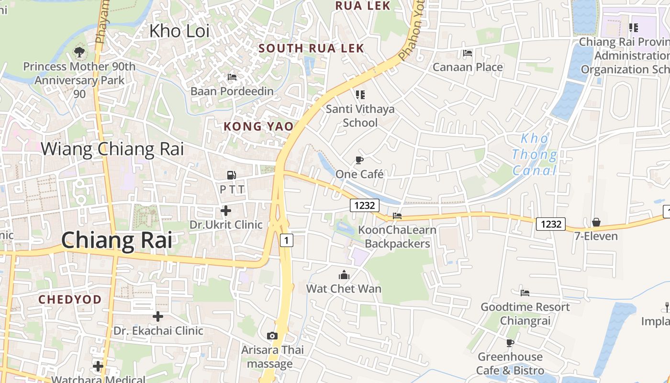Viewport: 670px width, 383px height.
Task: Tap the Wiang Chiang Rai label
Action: (x=112, y=149)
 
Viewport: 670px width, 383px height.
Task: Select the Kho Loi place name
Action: (x=179, y=31)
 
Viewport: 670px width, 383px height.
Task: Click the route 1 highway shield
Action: (x=286, y=240)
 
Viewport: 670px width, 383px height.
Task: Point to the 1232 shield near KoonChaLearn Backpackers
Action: (x=365, y=206)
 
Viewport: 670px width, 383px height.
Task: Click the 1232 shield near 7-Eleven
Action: (x=550, y=224)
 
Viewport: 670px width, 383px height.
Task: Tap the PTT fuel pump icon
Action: (x=232, y=175)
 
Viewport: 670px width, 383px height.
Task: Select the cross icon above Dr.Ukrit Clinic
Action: (x=226, y=210)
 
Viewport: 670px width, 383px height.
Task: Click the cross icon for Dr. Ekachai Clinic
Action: (x=158, y=316)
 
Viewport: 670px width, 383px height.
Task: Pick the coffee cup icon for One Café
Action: (x=359, y=160)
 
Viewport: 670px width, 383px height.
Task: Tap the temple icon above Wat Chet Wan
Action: (x=344, y=275)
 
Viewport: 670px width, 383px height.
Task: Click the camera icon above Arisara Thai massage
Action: (x=272, y=336)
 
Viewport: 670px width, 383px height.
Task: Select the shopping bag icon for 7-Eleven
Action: (x=596, y=222)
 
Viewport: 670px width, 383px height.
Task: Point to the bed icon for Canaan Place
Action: (x=468, y=53)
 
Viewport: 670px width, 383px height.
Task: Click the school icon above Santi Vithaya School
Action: (x=360, y=95)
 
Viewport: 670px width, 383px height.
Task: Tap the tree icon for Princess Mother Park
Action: (x=79, y=52)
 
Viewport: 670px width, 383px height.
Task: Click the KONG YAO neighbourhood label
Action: (x=258, y=126)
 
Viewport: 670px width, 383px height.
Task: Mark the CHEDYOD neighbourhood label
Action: (x=70, y=300)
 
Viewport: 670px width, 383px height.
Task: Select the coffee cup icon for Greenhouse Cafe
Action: (x=510, y=343)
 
